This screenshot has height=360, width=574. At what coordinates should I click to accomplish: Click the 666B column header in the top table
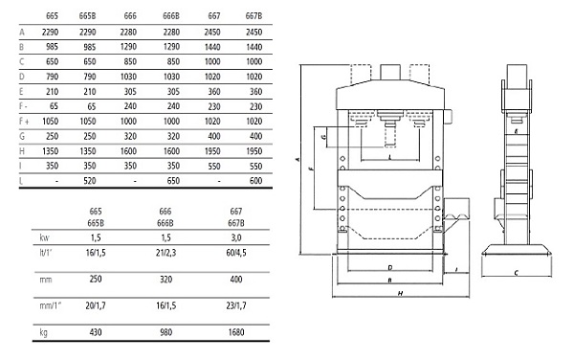(x=171, y=15)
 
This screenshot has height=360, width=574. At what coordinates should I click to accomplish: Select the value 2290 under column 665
(x=50, y=32)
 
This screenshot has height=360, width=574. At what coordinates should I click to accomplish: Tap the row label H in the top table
(x=22, y=151)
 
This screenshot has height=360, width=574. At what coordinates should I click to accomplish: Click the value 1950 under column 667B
(x=254, y=151)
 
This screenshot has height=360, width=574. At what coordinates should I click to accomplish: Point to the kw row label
(x=44, y=237)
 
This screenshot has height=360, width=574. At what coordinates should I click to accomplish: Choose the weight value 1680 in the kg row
(x=236, y=332)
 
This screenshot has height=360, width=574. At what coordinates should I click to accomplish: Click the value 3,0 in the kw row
(x=236, y=237)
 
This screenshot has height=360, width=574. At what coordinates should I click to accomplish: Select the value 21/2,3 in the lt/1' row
(x=166, y=253)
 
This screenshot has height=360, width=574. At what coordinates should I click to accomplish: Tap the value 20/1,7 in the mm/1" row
(x=96, y=305)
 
